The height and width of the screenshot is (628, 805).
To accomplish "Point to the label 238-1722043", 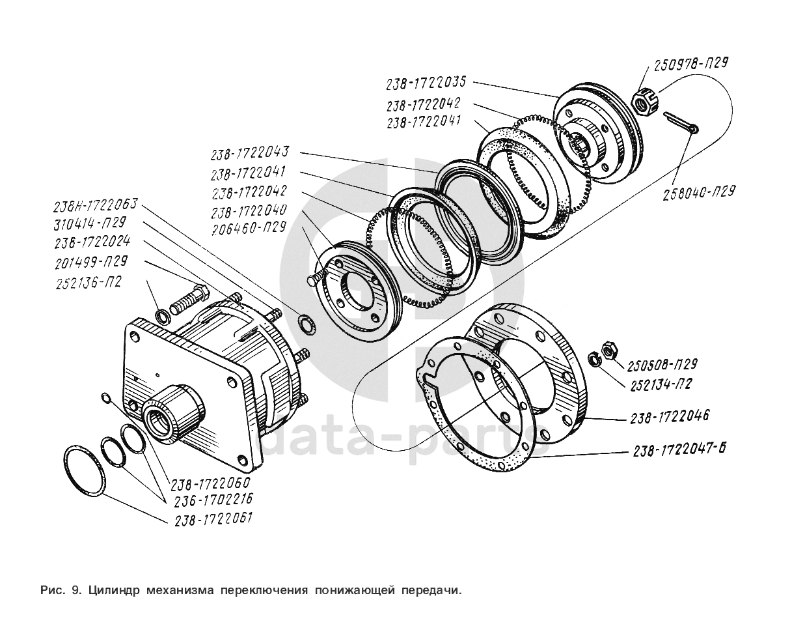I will click(x=249, y=154).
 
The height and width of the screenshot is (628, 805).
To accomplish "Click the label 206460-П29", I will click(x=248, y=228).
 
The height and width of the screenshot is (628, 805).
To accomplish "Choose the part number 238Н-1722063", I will click(x=95, y=205).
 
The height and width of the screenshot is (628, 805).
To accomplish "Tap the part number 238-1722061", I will click(x=213, y=519).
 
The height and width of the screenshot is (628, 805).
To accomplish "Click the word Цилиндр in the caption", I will click(x=114, y=591).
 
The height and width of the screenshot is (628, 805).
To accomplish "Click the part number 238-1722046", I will click(x=669, y=416).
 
